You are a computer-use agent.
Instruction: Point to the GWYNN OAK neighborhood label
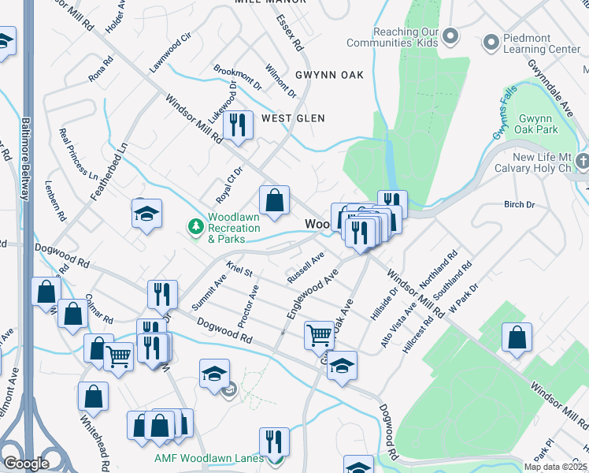click(x=329, y=75)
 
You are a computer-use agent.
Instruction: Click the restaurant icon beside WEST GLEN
click(x=236, y=124)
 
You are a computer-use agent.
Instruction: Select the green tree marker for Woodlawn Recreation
click(x=196, y=227)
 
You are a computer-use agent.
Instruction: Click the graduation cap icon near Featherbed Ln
click(x=146, y=214)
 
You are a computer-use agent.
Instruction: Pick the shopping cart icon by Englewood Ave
click(x=319, y=334)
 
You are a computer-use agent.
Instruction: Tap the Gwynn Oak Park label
click(x=538, y=123)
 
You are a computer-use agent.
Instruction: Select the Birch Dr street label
click(x=519, y=204)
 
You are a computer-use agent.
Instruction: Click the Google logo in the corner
click(x=26, y=464)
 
